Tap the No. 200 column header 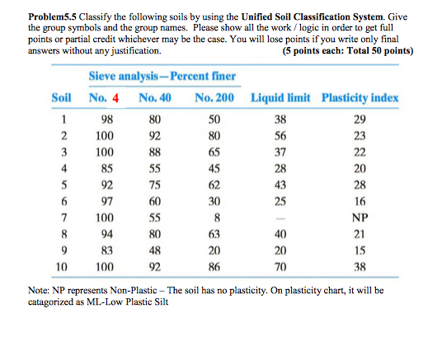point(214,99)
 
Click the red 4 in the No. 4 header point(116,99)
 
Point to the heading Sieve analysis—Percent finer point(162,77)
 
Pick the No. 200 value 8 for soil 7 point(214,217)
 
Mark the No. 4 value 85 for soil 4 point(104,169)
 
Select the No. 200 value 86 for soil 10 point(214,268)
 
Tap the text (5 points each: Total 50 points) point(347,51)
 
